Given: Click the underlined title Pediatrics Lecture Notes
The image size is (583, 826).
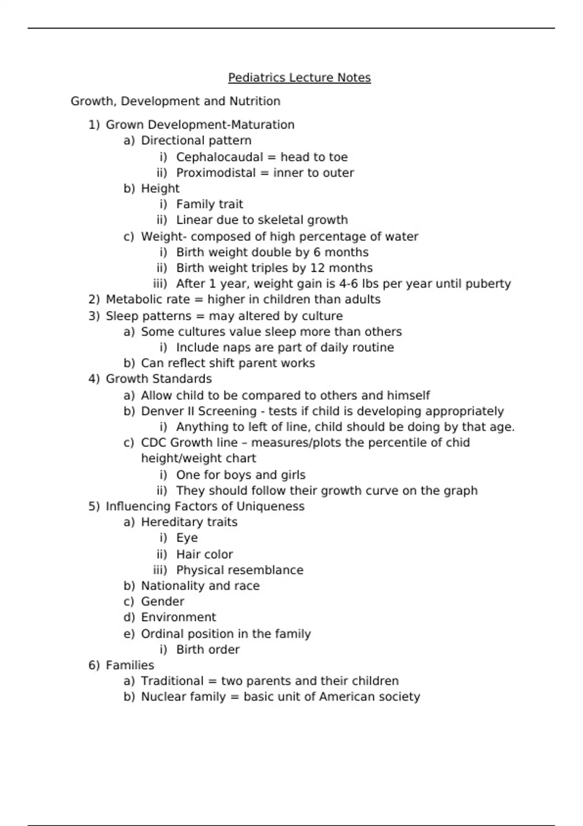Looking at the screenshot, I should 299,78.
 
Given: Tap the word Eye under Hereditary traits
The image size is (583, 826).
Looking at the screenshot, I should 187,538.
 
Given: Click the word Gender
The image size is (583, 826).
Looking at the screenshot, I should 162,602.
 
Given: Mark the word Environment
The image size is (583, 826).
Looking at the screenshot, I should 178,617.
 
